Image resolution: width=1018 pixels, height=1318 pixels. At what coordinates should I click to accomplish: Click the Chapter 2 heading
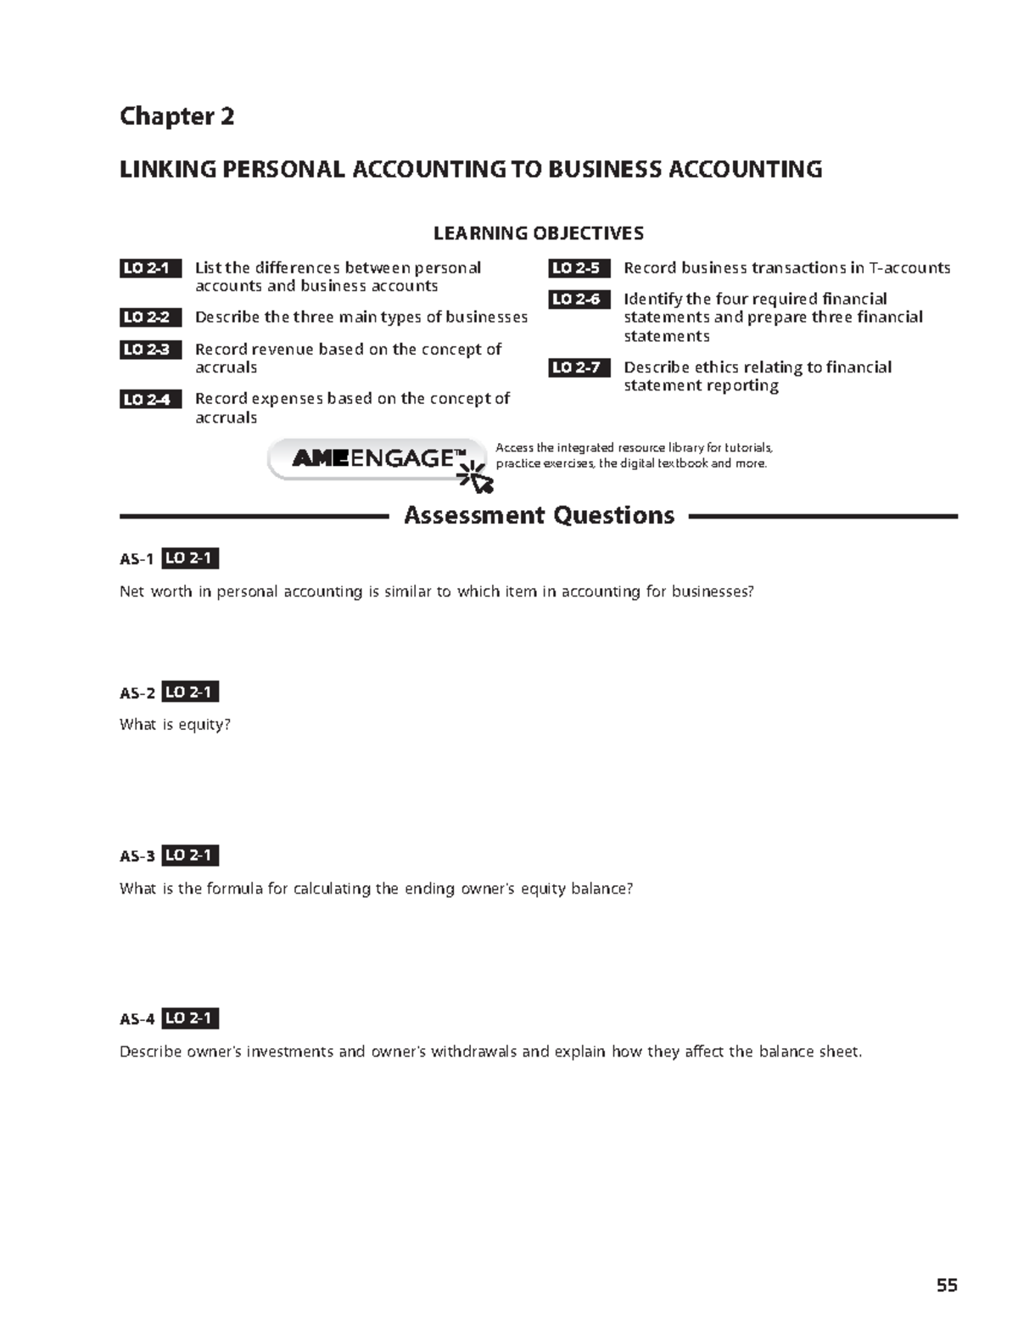pyautogui.click(x=176, y=116)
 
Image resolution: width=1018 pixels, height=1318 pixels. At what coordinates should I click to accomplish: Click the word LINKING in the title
pyautogui.click(x=167, y=170)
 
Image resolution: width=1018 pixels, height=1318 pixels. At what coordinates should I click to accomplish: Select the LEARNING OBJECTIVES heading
pyautogui.click(x=539, y=233)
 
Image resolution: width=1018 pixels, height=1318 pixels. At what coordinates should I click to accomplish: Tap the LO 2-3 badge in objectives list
pyautogui.click(x=149, y=350)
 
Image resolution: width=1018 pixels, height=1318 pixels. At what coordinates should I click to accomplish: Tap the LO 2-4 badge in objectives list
pyautogui.click(x=149, y=399)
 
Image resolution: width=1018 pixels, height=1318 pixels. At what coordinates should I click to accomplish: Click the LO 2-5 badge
pyautogui.click(x=579, y=268)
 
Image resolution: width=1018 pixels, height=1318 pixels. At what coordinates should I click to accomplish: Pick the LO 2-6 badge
pyautogui.click(x=579, y=300)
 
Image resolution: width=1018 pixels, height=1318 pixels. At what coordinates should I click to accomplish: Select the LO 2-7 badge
pyautogui.click(x=579, y=367)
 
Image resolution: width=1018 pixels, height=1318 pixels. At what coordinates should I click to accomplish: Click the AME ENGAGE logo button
pyautogui.click(x=373, y=459)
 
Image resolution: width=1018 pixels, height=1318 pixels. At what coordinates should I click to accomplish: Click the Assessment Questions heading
pyautogui.click(x=539, y=515)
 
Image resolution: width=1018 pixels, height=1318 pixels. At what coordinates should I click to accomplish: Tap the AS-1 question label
pyautogui.click(x=137, y=559)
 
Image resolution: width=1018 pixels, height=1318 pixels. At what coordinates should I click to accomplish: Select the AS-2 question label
pyautogui.click(x=137, y=693)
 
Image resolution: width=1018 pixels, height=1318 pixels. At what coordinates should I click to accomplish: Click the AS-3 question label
pyautogui.click(x=137, y=856)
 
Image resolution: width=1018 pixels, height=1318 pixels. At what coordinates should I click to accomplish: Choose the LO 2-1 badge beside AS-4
pyautogui.click(x=190, y=1018)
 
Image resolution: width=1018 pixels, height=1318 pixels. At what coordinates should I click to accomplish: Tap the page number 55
pyautogui.click(x=947, y=1285)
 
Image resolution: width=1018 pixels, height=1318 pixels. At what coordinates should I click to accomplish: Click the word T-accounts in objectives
pyautogui.click(x=909, y=268)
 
